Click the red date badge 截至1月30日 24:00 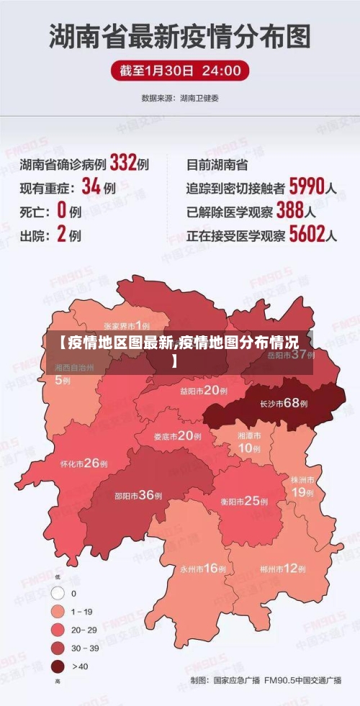[180, 71]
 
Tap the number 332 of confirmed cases [123, 163]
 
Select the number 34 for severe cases [91, 187]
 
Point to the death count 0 [61, 211]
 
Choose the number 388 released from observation [289, 211]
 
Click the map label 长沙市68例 [284, 403]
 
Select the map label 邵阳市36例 [138, 495]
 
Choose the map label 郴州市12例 [280, 568]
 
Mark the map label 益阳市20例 [204, 391]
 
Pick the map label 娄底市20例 [177, 435]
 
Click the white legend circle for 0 [58, 594]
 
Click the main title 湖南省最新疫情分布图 [180, 35]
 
